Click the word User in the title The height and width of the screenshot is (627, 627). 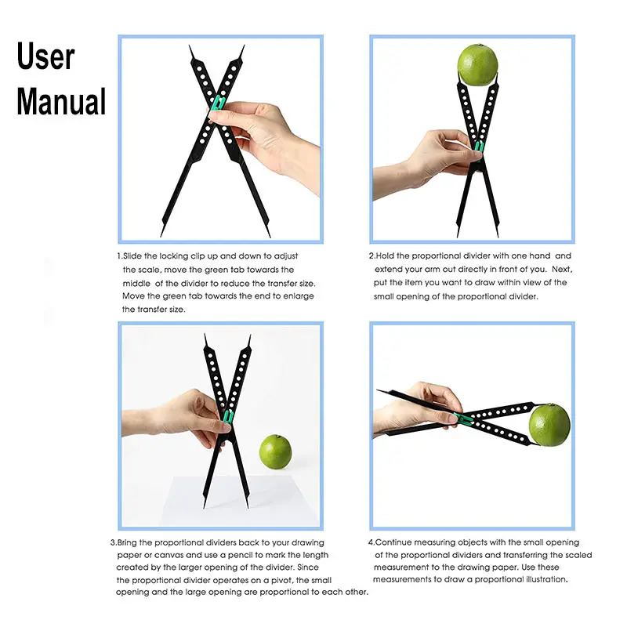click(x=46, y=57)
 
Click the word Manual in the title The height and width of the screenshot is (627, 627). click(x=61, y=102)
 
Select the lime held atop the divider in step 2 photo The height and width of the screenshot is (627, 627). click(x=478, y=64)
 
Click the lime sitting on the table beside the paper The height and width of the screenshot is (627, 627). click(x=275, y=451)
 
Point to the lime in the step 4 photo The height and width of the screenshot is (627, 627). click(x=549, y=424)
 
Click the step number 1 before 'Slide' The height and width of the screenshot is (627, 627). click(x=119, y=256)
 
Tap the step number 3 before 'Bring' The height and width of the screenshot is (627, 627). click(x=112, y=542)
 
